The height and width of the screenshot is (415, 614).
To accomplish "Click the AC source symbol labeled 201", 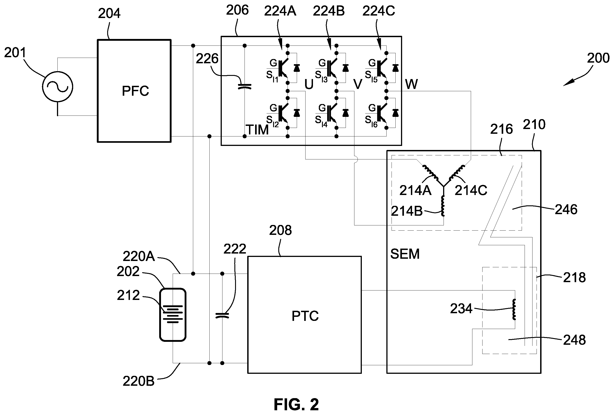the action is tap(57, 86).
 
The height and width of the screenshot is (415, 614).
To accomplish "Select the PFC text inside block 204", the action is tap(135, 91).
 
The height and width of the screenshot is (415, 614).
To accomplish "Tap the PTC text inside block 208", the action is tap(305, 316).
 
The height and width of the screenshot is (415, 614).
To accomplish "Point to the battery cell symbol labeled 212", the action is tap(173, 313).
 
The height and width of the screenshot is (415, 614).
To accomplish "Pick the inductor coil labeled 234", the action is tap(514, 309).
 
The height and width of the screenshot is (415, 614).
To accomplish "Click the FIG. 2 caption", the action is tap(296, 404).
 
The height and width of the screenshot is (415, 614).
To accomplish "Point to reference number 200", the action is tap(598, 58).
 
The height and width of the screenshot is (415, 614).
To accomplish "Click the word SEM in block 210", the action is tap(405, 254).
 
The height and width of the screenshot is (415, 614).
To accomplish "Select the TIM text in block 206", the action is tap(257, 130).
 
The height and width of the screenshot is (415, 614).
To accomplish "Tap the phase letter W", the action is tap(411, 84).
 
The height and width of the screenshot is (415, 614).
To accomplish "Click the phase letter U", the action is tap(309, 84).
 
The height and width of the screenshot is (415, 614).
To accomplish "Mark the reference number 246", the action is tap(566, 210).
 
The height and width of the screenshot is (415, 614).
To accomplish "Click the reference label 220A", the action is tap(139, 256).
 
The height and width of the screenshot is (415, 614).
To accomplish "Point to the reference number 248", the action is tap(575, 340).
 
